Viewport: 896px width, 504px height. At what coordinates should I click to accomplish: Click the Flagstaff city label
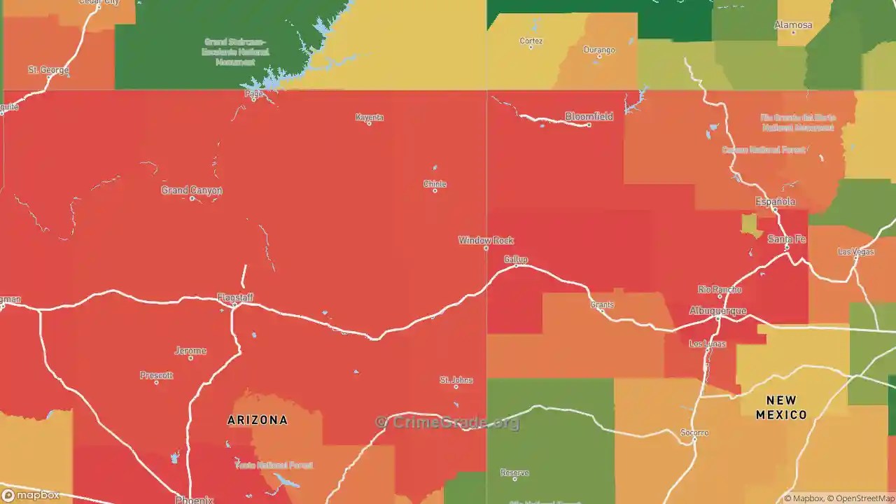tap(235, 297)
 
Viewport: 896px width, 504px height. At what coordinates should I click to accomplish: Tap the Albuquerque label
tap(717, 310)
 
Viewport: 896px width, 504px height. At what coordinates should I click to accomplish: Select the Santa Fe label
tap(786, 239)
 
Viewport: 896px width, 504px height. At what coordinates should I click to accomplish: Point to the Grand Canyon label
tap(192, 190)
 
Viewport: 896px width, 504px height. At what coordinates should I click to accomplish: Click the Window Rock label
tap(486, 240)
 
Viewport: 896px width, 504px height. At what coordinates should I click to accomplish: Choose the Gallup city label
tap(516, 259)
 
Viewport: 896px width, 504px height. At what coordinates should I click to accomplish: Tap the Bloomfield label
tap(589, 116)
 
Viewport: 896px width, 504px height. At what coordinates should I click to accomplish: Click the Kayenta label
tap(370, 117)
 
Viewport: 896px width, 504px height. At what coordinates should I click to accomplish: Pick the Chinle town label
tap(435, 184)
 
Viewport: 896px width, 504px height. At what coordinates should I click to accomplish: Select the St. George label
tap(48, 70)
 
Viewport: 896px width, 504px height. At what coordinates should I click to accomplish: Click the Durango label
tap(599, 50)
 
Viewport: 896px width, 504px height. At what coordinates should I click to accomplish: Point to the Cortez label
tap(531, 41)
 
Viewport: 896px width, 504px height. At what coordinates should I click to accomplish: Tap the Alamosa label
tap(793, 25)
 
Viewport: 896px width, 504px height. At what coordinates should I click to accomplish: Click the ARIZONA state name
tap(257, 420)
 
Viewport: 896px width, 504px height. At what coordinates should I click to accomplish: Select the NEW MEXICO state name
tap(781, 407)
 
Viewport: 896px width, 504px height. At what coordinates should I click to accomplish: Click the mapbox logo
tap(31, 495)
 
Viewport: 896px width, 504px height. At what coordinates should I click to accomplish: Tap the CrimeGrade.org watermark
tap(448, 422)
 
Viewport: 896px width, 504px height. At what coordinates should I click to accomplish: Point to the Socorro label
tap(694, 433)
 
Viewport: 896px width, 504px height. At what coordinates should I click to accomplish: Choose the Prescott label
tap(156, 375)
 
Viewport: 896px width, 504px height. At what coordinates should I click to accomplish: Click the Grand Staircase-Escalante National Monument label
tap(229, 52)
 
